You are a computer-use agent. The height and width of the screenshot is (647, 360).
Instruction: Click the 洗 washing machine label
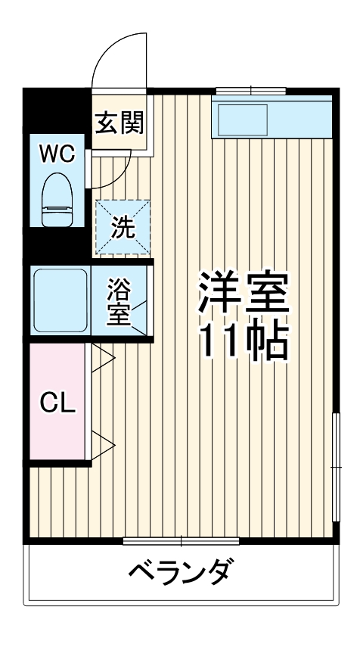(x=123, y=226)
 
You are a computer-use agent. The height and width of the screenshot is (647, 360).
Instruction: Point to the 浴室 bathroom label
(x=119, y=300)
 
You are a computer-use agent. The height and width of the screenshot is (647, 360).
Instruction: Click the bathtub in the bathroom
(x=61, y=300)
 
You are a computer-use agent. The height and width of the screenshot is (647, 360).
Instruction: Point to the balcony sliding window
(x=182, y=540)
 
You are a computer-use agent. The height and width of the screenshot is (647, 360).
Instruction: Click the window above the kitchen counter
(x=250, y=92)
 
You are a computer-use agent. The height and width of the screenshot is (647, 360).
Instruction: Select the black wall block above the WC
(x=57, y=110)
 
